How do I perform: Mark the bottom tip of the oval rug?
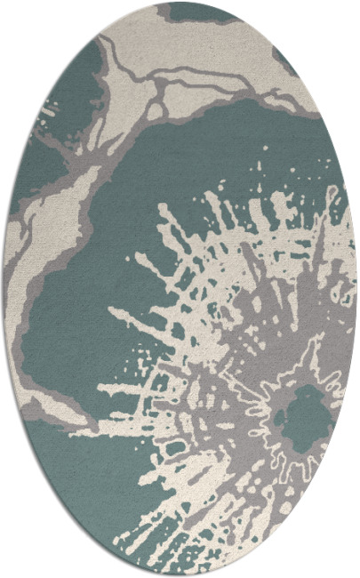(180, 575)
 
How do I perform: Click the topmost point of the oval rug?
(180, 3)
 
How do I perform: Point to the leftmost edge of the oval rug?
(4, 289)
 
